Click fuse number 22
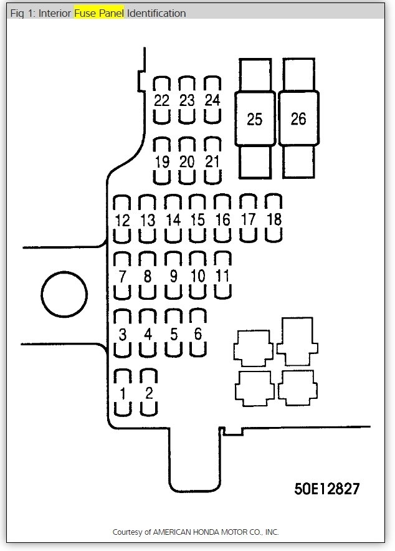162,100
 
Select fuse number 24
212,100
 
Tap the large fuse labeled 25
255,118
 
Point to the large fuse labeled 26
298,118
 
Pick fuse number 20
187,161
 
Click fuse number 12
122,219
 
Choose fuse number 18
274,219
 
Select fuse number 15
197,219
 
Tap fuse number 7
122,276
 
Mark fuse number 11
222,275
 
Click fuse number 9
173,276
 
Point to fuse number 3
123,334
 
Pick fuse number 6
197,333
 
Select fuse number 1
123,393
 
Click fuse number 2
148,393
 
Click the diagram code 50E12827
327,488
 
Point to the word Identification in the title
156,13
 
